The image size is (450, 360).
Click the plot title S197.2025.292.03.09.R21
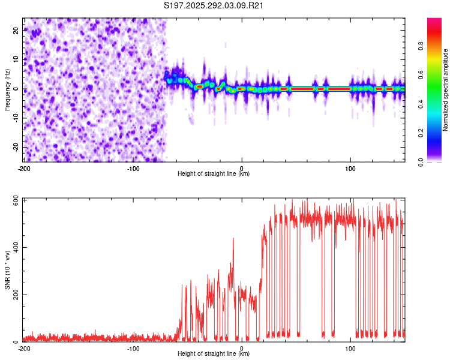click(214, 6)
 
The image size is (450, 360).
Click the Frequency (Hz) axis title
click(7, 89)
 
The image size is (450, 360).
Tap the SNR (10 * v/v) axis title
click(7, 269)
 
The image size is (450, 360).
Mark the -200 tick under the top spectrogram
click(25, 168)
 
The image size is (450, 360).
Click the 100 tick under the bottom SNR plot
click(350, 348)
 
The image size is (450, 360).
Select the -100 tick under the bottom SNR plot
click(133, 348)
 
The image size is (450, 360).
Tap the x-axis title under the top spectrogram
click(214, 174)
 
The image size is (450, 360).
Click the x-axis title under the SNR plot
click(214, 354)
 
